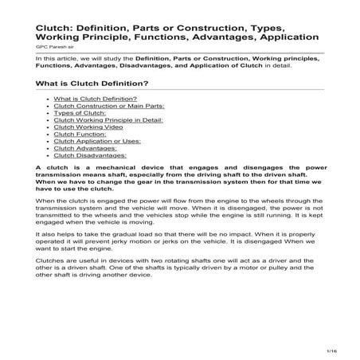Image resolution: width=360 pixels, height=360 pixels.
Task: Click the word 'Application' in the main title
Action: [x=287, y=37]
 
